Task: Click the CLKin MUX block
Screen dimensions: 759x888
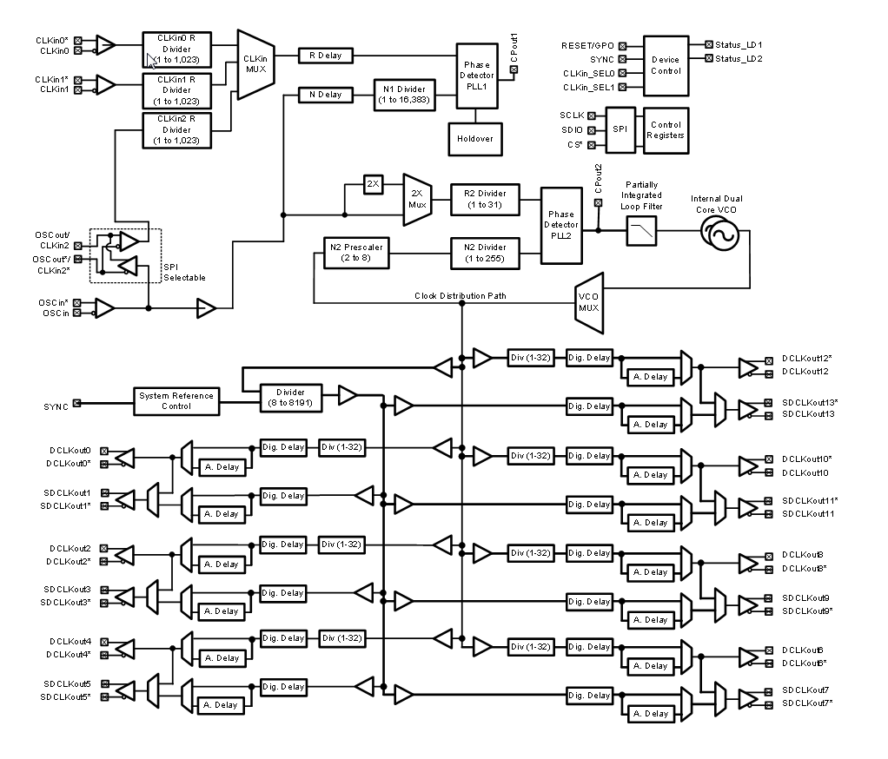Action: (257, 60)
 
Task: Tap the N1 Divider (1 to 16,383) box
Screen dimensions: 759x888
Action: (404, 94)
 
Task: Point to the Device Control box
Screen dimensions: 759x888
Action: (666, 65)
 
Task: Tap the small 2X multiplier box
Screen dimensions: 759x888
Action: (373, 185)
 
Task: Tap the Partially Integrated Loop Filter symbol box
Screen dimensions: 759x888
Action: (641, 231)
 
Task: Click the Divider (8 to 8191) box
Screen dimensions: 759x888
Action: (291, 396)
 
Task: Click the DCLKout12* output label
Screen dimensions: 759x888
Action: (807, 358)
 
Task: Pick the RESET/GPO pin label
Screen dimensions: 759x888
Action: (589, 43)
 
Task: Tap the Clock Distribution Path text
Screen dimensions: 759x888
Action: (461, 296)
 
